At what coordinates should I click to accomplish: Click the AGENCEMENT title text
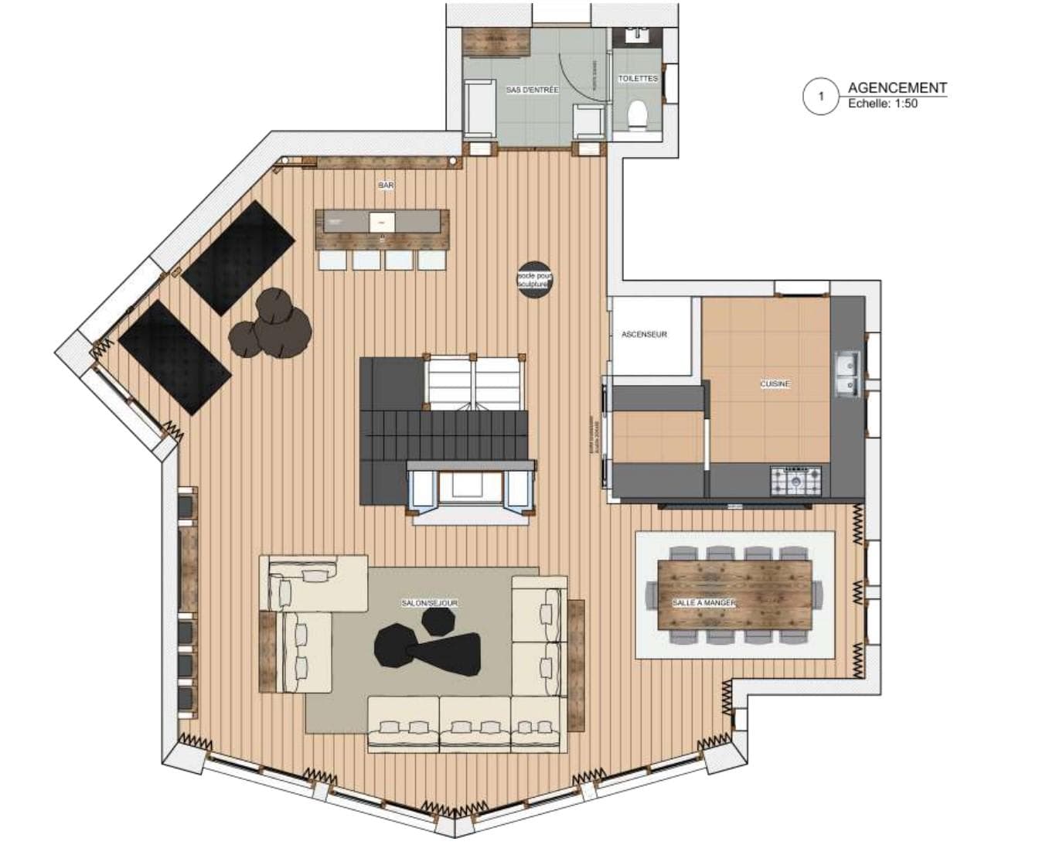pyautogui.click(x=897, y=87)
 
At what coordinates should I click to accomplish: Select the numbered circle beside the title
pyautogui.click(x=821, y=97)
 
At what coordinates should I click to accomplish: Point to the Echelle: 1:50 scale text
pyautogui.click(x=883, y=104)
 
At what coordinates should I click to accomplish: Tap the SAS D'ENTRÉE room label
pyautogui.click(x=532, y=90)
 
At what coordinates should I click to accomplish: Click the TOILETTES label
pyautogui.click(x=638, y=79)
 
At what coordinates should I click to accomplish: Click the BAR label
pyautogui.click(x=385, y=186)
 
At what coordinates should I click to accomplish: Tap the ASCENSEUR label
pyautogui.click(x=644, y=335)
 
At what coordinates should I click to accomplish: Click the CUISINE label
pyautogui.click(x=775, y=384)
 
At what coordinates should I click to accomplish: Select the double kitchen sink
pyautogui.click(x=847, y=373)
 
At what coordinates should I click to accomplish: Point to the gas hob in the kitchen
pyautogui.click(x=795, y=480)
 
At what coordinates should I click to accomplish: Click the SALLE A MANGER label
pyautogui.click(x=703, y=602)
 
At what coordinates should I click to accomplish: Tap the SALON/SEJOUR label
pyautogui.click(x=429, y=602)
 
